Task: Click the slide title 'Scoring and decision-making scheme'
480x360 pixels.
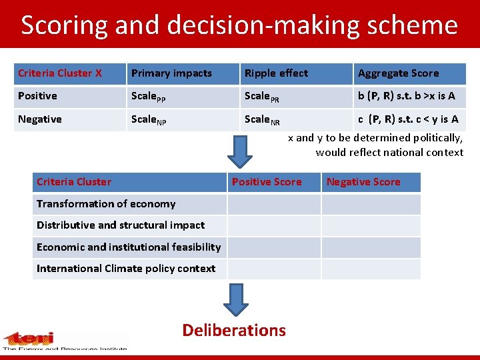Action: coord(239,25)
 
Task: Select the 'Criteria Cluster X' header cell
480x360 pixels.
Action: coord(60,73)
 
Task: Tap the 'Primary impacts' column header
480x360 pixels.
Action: coord(171,73)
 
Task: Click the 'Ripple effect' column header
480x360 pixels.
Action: coord(276,73)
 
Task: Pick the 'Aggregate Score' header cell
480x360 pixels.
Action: coord(398,73)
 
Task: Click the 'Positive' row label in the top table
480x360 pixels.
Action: coord(38,96)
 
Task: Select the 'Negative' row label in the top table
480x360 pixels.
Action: coord(40,119)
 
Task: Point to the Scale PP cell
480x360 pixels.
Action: coord(148,97)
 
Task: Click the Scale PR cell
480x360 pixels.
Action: coord(261,97)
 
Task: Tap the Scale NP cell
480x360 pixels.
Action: coord(148,120)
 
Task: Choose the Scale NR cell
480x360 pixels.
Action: coord(261,120)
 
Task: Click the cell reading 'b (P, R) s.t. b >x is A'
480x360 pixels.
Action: coord(406,96)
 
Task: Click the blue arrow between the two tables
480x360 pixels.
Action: coord(239,153)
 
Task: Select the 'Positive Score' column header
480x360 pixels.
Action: coord(267,182)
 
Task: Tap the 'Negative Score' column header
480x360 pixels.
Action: coord(363,182)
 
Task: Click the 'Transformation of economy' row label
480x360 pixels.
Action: coord(106,204)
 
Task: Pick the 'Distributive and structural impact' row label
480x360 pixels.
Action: coord(121,225)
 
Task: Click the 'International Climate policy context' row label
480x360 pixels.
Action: coord(126,269)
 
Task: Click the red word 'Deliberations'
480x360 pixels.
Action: coord(234,330)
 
